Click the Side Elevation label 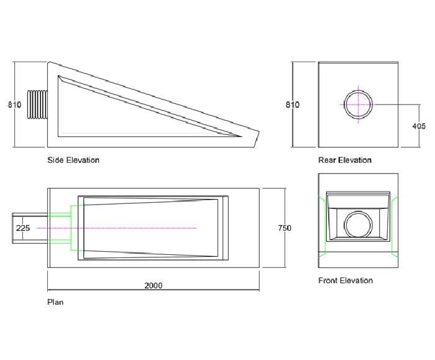73,160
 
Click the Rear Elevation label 345,160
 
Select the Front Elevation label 346,280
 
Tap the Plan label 55,302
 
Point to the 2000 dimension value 153,285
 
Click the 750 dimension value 284,228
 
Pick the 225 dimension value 23,228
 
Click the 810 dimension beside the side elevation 14,104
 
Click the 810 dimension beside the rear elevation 293,104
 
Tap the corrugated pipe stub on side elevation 39,104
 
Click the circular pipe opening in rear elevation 357,104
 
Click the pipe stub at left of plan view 30,228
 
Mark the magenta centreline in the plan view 124,228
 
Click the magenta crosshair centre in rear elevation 357,104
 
